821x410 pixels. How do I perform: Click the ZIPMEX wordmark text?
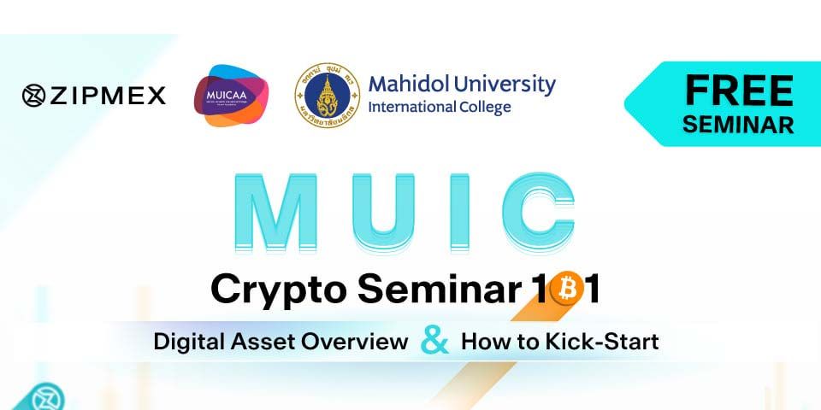(107, 96)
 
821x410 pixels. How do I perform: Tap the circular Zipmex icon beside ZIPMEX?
(33, 96)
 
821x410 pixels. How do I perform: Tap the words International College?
(439, 108)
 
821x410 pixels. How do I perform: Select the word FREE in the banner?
(739, 90)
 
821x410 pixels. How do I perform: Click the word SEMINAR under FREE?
(739, 124)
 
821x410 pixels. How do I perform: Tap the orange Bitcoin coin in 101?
(565, 290)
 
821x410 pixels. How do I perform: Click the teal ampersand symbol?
(435, 341)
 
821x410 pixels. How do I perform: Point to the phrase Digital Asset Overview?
(281, 343)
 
